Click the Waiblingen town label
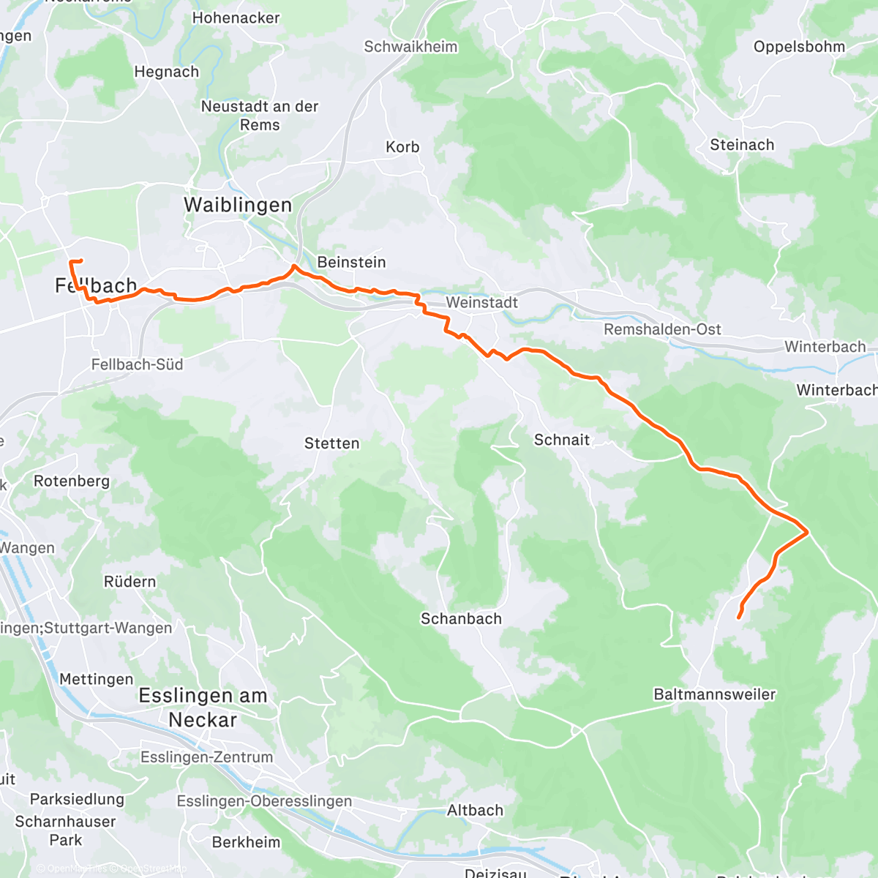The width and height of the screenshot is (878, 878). coord(238,206)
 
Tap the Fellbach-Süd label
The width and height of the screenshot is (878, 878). coord(137,364)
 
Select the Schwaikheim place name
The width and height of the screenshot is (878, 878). coord(410,47)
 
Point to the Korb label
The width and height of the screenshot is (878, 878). coord(402,147)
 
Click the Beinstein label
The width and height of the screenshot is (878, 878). coord(351,262)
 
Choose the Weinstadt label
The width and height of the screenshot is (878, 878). coord(481,302)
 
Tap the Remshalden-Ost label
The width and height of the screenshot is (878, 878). coord(662,329)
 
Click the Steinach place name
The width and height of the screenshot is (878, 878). coord(742,145)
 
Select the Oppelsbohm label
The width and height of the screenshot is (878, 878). coord(799,47)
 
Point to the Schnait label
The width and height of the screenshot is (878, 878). coord(562,440)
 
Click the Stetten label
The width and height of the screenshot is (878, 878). coord(331,443)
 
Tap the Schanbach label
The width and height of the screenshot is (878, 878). coord(461,619)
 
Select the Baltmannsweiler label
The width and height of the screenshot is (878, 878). coord(714,694)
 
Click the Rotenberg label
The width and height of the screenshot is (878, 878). coord(72,481)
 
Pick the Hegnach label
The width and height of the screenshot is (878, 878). coord(166,72)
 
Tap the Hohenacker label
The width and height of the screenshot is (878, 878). coord(236,18)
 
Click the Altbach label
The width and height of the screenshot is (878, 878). coord(475,811)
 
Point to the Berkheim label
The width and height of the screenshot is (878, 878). coord(246,842)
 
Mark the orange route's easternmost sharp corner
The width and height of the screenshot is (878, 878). coord(807,532)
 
